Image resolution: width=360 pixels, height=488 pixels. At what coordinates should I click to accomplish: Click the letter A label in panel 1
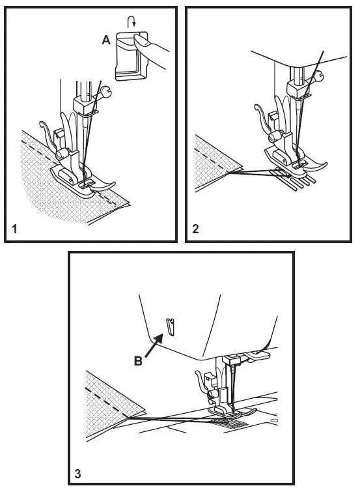point(105,40)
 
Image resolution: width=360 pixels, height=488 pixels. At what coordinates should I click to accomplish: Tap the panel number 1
point(14,230)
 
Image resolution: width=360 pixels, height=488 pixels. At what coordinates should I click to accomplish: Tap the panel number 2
point(195,230)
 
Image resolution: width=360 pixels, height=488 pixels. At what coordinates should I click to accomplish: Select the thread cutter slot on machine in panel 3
point(170,325)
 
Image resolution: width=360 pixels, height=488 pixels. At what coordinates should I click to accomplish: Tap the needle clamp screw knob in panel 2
point(318,79)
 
